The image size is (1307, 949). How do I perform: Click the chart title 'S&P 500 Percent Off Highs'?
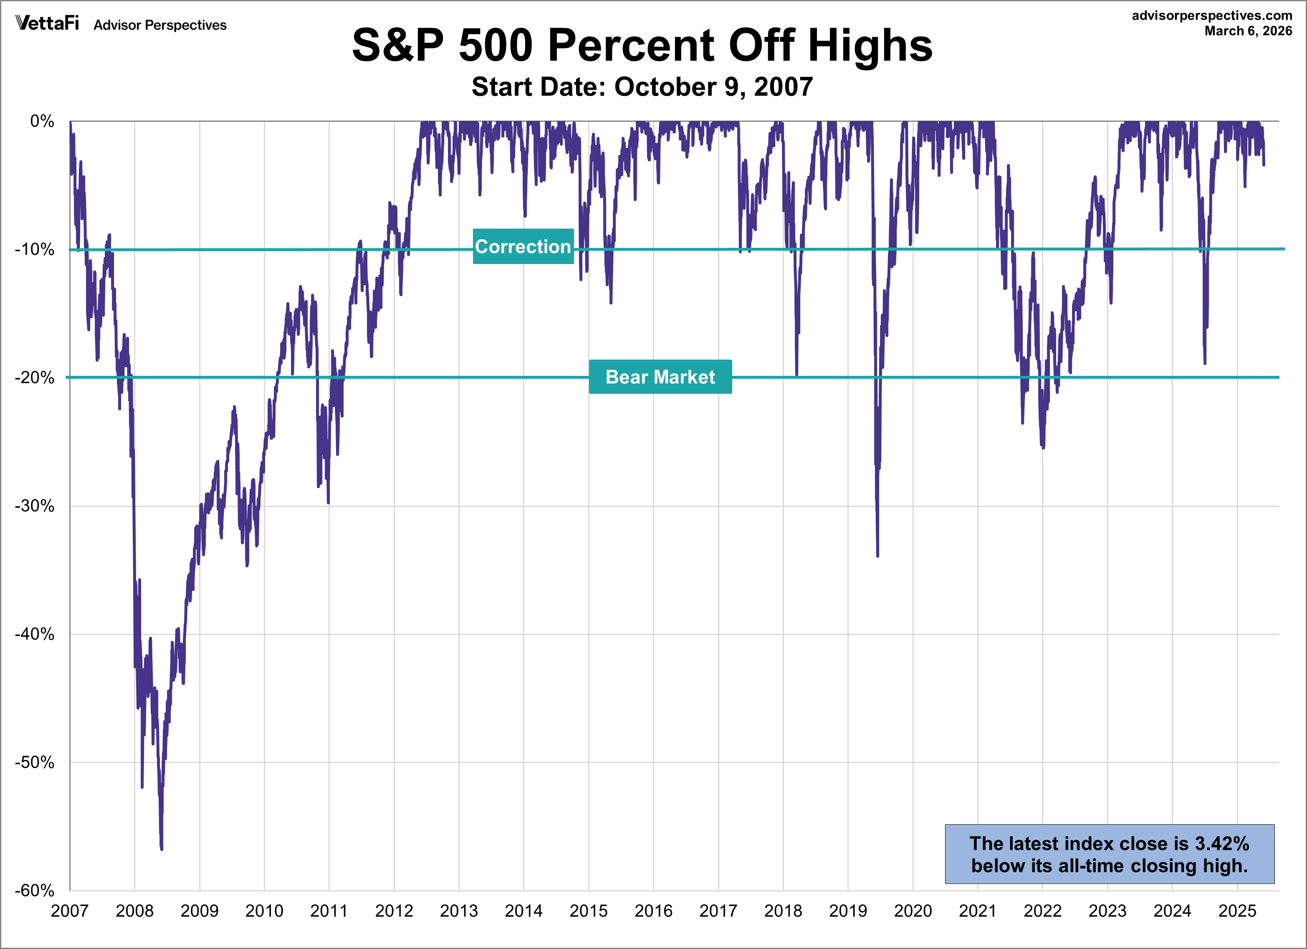point(642,45)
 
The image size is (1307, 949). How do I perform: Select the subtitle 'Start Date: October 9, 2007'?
point(642,87)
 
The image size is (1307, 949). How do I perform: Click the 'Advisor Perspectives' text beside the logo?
point(160,25)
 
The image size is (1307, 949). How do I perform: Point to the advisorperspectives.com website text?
point(1211,15)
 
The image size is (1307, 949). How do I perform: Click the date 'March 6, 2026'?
point(1248,31)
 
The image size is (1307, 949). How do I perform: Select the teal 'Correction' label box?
point(523,247)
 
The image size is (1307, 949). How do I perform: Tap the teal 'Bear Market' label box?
point(660,377)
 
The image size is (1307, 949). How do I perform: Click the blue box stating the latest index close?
point(1109,854)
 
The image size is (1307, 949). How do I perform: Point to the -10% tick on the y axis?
point(35,249)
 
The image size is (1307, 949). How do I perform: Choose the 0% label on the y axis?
point(42,121)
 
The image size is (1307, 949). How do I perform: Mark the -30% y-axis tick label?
point(35,506)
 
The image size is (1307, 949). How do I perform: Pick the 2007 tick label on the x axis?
point(70,911)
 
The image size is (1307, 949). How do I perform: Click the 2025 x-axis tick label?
point(1237,911)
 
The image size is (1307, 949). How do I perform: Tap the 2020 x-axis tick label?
point(913,911)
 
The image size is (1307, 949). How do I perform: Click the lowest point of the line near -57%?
point(162,848)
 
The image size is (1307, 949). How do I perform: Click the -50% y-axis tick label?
point(35,763)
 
